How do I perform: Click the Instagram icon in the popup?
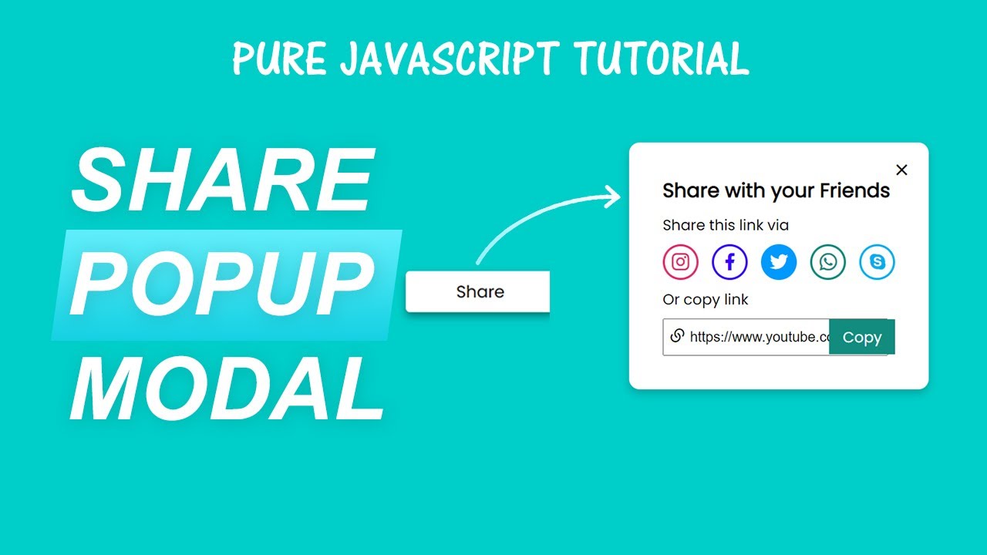coord(680,262)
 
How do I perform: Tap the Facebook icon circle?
coord(729,262)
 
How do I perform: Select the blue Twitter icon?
coord(779,262)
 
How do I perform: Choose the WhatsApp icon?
coord(828,262)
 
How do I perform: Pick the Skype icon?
coord(878,262)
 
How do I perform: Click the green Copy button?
coord(862,338)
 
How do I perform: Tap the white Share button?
coord(480,292)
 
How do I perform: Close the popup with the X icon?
coord(901,170)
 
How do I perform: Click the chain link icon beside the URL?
coord(678,335)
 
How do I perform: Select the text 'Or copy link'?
coord(706,300)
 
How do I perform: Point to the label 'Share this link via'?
coord(726,225)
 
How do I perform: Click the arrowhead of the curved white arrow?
coord(614,197)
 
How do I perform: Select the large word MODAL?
coord(227,390)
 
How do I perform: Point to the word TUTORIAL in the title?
coord(660,59)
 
